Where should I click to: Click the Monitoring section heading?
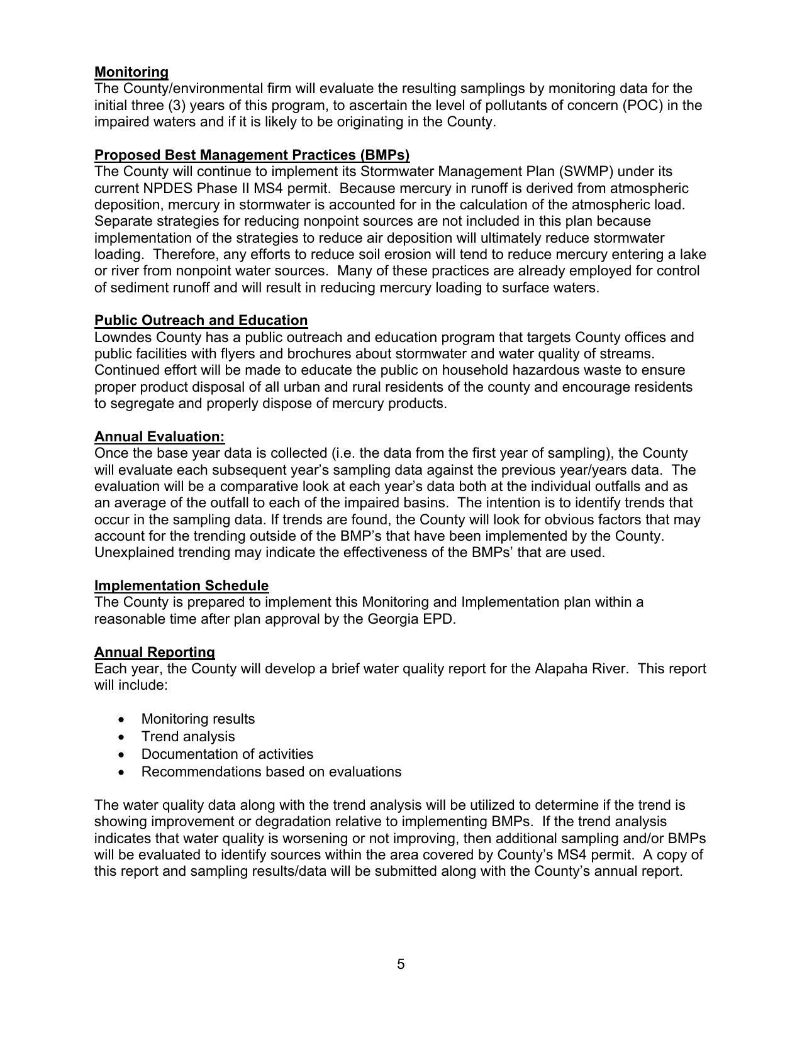131,72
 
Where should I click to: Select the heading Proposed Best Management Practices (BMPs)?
252,155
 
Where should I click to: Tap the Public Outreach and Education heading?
201,321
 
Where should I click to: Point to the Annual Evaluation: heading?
159,437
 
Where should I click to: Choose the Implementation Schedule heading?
181,586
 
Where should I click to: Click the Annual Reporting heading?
154,653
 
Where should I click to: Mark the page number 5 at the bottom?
401,964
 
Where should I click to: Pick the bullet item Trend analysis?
187,737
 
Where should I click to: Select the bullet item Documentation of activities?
227,754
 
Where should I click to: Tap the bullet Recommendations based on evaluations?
271,772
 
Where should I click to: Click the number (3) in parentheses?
171,106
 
